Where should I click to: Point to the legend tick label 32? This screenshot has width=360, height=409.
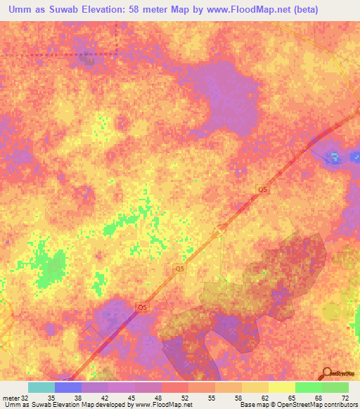[25, 397]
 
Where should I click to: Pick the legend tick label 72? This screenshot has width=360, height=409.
[345, 397]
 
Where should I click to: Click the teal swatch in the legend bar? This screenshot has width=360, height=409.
[41, 387]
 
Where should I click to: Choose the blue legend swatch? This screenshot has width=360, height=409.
[68, 387]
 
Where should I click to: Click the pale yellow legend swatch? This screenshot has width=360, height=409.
[281, 387]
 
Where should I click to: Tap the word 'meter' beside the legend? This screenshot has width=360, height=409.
[11, 397]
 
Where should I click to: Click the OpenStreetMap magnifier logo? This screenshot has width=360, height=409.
[326, 373]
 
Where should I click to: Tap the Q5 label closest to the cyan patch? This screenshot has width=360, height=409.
[263, 190]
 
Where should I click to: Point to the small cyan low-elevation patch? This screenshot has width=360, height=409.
[335, 157]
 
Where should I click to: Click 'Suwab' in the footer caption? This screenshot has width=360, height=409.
[44, 405]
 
